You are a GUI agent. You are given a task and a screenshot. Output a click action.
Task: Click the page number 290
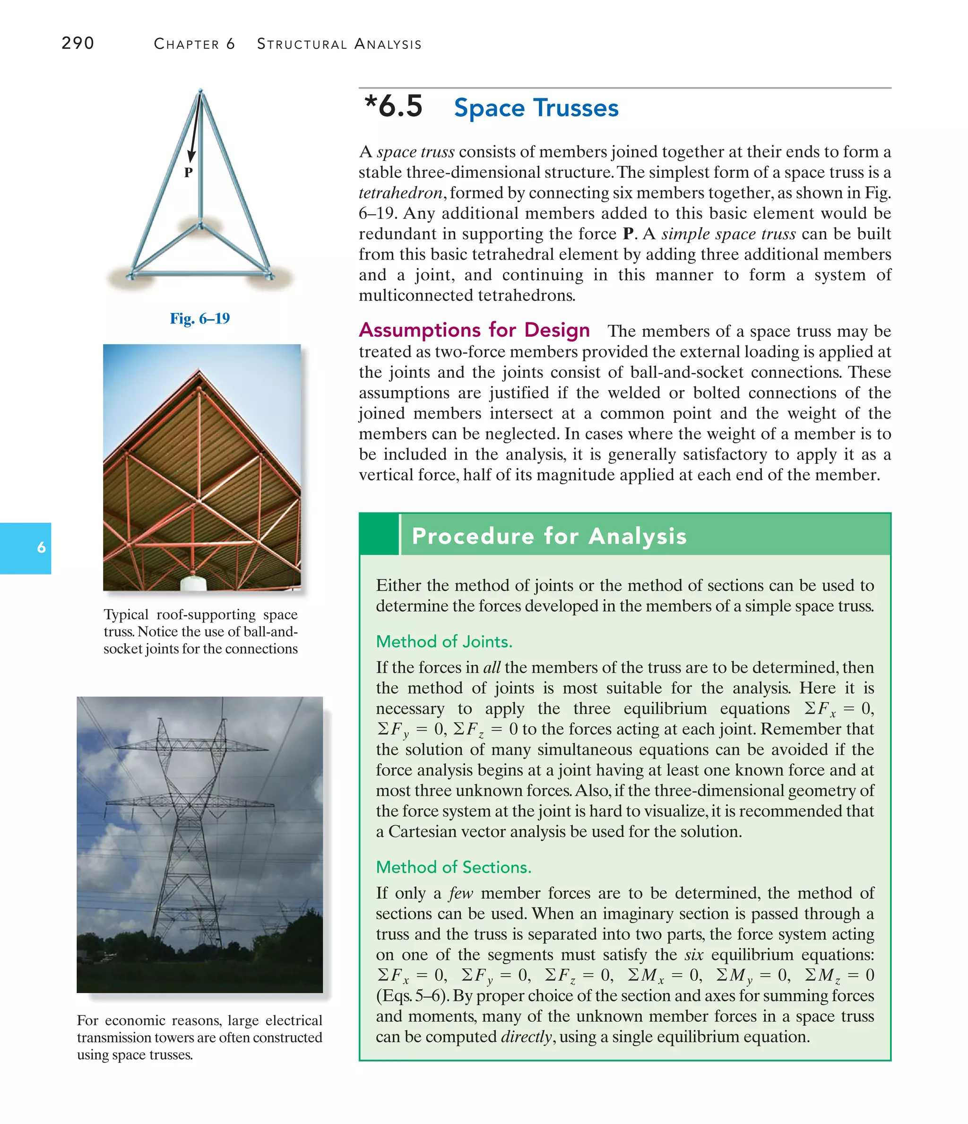(x=78, y=43)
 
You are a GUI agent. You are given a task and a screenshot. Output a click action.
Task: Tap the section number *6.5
(x=393, y=106)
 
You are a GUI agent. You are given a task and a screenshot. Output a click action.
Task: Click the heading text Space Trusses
(x=536, y=108)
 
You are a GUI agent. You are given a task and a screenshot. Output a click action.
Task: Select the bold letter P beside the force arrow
(x=188, y=173)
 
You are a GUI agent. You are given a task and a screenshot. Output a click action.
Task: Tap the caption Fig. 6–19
(x=199, y=318)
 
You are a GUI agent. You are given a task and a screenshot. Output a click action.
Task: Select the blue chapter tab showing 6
(x=26, y=548)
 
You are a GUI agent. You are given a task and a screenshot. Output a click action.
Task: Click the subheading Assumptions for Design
(x=475, y=330)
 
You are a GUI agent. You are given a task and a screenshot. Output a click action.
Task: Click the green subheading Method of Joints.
(x=444, y=642)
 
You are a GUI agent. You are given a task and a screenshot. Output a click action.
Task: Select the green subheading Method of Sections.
(x=453, y=867)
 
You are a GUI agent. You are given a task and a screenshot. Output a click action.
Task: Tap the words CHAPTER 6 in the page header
(x=194, y=44)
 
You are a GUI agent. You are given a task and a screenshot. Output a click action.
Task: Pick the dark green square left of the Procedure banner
(x=379, y=535)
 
